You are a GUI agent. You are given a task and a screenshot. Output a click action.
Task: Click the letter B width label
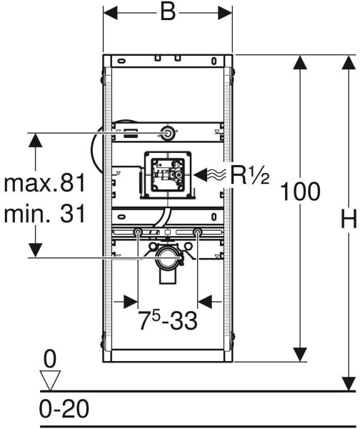[168, 12]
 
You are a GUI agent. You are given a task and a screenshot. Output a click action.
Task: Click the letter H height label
[349, 218]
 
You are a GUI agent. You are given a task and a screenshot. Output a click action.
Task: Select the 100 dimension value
[300, 192]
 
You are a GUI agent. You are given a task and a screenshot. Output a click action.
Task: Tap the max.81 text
[44, 183]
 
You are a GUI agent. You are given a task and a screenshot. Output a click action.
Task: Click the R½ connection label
[250, 175]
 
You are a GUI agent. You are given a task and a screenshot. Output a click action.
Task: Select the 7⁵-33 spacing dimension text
[167, 320]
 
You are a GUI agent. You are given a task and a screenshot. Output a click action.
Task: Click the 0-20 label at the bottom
[64, 409]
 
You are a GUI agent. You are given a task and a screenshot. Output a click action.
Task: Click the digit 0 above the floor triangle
[50, 359]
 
